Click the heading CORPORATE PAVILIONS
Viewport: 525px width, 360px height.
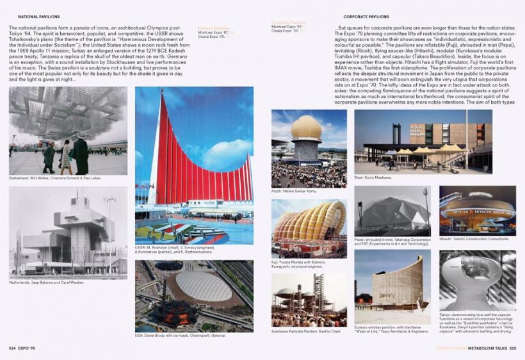click(x=366, y=17)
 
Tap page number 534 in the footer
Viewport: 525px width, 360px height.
click(x=12, y=348)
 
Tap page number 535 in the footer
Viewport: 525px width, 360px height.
click(x=512, y=348)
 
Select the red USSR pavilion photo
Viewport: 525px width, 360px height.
click(x=194, y=165)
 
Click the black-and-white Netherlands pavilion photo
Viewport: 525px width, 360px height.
click(x=68, y=233)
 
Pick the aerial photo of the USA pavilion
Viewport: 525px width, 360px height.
click(x=194, y=296)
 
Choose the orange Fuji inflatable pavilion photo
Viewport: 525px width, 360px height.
click(x=309, y=228)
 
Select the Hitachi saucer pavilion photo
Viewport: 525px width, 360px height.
click(x=478, y=211)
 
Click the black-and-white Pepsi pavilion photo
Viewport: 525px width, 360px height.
click(x=392, y=211)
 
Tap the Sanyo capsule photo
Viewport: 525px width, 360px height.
click(x=478, y=280)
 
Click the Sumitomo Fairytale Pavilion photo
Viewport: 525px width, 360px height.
click(x=309, y=300)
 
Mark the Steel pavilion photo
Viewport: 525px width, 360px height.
click(x=423, y=142)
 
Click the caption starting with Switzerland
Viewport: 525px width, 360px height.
click(x=55, y=178)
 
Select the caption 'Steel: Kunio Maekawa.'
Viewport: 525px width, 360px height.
click(x=373, y=177)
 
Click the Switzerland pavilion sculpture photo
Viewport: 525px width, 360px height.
click(x=68, y=131)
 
